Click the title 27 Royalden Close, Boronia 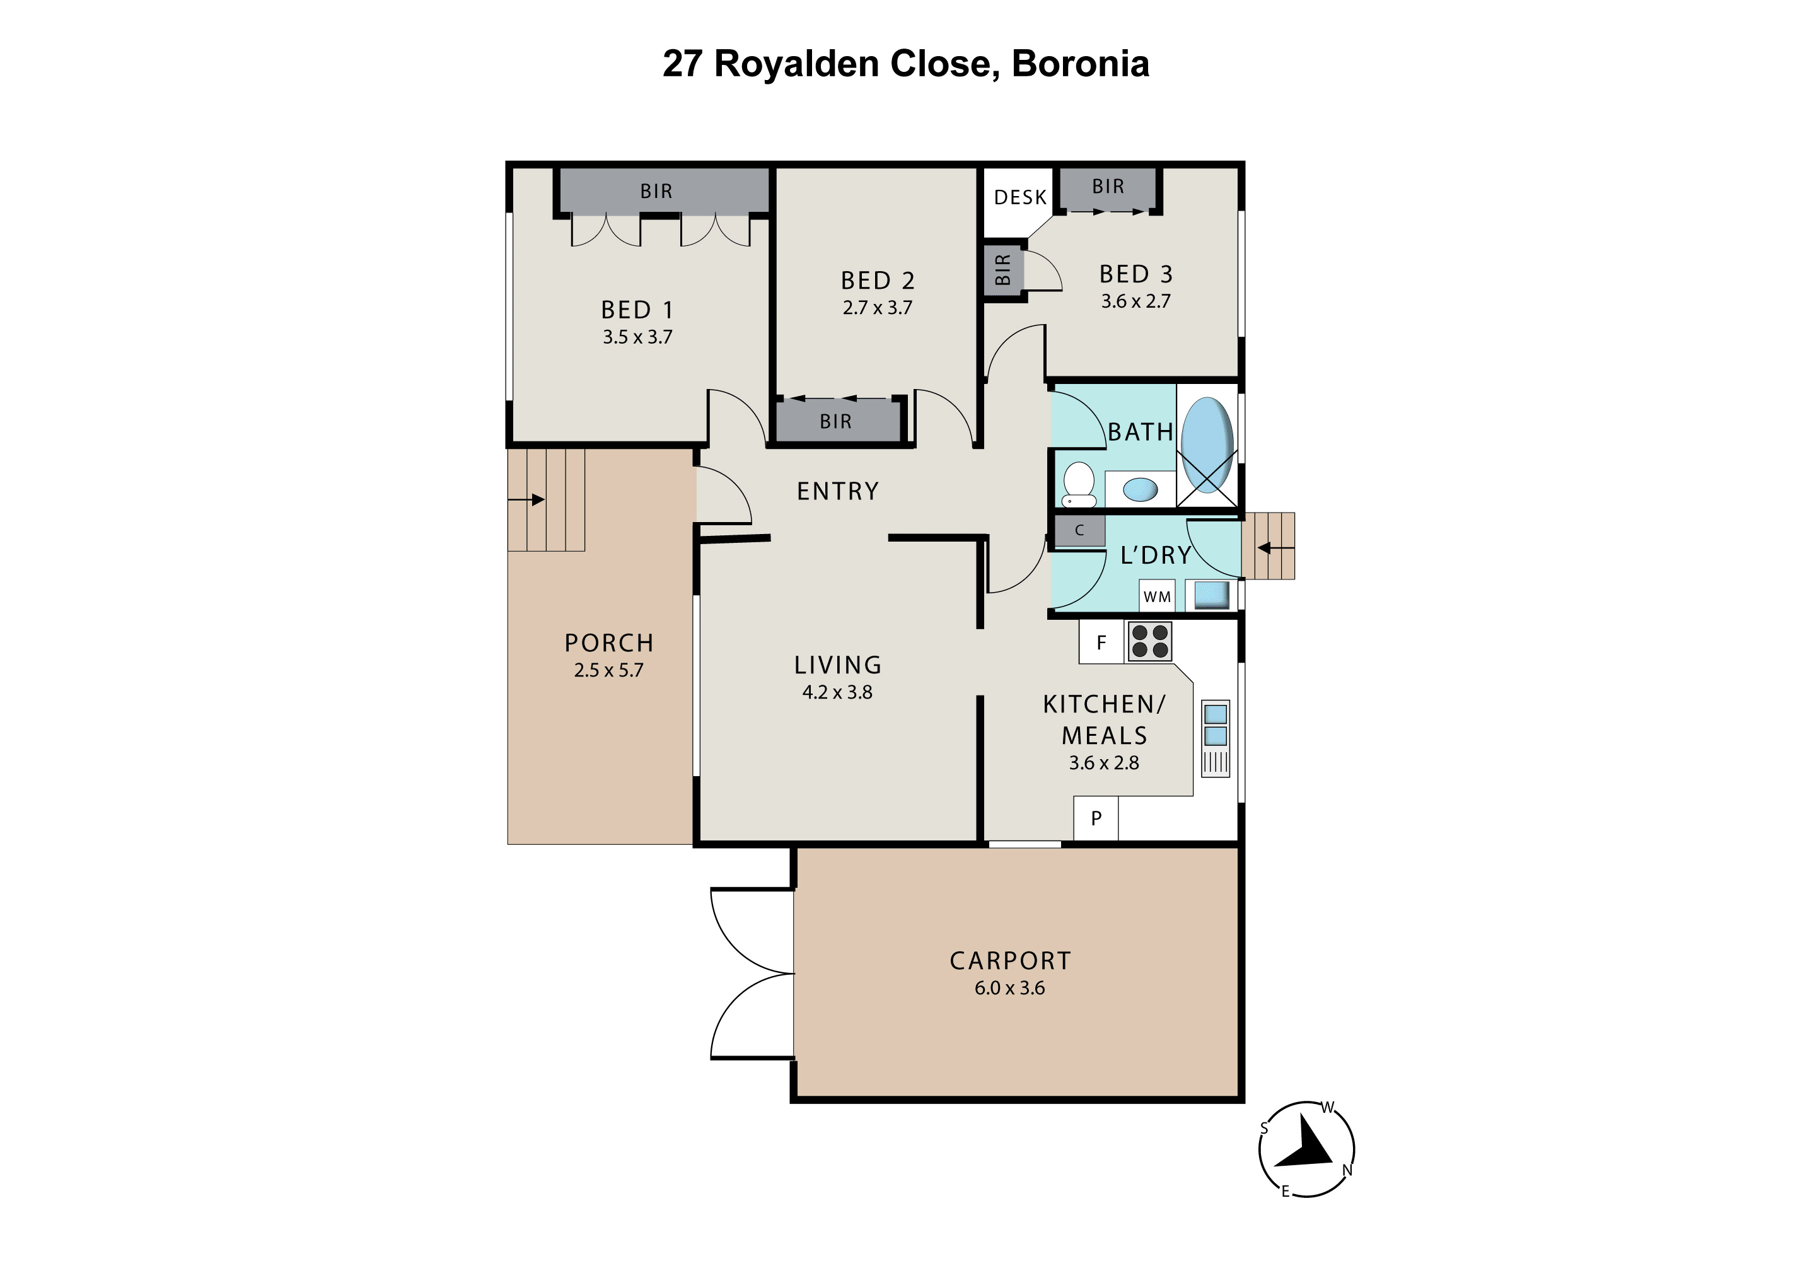(905, 64)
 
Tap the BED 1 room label (637, 310)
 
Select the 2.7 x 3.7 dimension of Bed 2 (877, 307)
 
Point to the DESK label (1020, 197)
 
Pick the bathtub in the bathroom (1207, 445)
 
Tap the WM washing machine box (1157, 596)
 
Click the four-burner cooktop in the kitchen (1149, 641)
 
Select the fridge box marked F (1101, 642)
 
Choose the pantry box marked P (1096, 818)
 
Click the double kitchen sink (1215, 725)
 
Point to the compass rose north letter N (1348, 1170)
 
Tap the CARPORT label (1010, 961)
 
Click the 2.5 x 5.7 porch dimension (608, 670)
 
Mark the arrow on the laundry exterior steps (1275, 548)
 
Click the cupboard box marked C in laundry (1079, 531)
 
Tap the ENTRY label (837, 492)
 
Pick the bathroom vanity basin (1140, 490)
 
